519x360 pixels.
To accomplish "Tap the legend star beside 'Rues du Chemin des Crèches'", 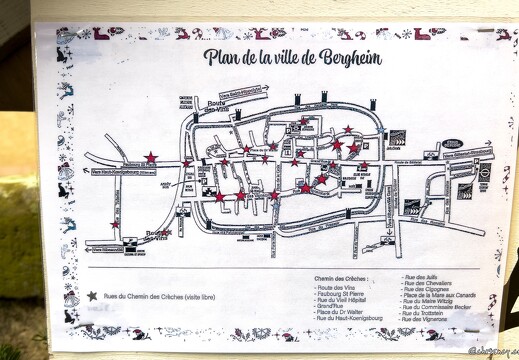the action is (93, 296).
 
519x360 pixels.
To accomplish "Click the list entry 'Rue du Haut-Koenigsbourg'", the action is (339, 324).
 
